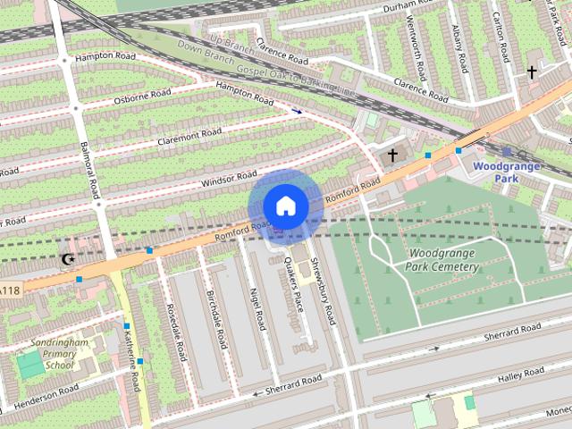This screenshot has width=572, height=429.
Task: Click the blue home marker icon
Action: [285, 206]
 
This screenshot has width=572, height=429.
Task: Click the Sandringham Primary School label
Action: [59, 354]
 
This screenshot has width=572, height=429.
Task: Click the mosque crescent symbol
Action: [67, 260]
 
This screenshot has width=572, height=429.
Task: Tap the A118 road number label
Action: [9, 290]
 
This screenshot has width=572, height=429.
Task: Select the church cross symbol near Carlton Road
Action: [532, 71]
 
